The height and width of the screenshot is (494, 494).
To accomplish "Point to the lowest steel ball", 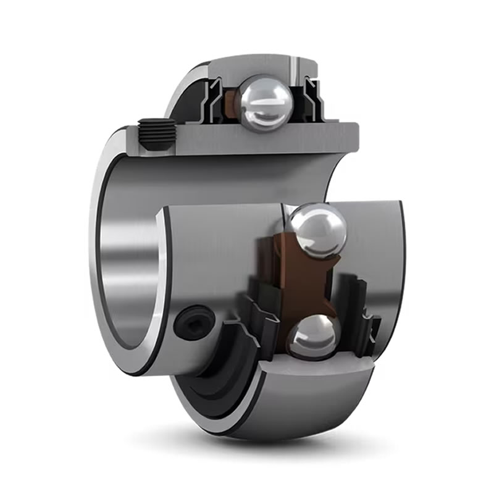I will (x=314, y=337).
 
